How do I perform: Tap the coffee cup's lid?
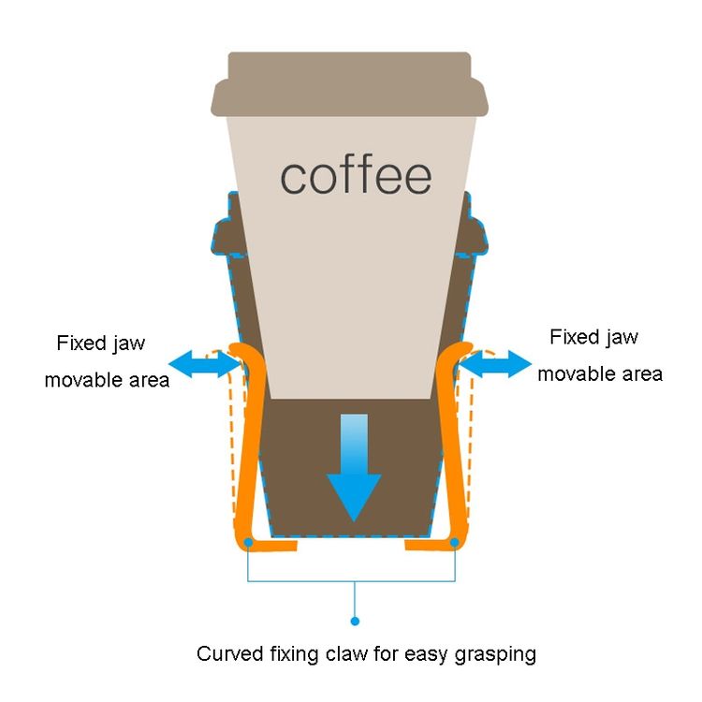tap(350, 84)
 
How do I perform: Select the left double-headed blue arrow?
tap(205, 363)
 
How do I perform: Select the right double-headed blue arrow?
tap(495, 364)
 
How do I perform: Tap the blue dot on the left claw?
tap(248, 543)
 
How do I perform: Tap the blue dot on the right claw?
tap(455, 543)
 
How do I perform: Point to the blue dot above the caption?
tap(355, 621)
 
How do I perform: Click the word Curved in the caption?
tap(230, 653)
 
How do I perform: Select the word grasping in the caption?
tap(495, 655)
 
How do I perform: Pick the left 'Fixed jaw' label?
tap(101, 344)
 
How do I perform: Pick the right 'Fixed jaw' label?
tap(593, 338)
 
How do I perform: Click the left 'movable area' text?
tap(107, 380)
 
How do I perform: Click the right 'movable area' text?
tap(600, 373)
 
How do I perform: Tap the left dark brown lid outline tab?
tap(227, 235)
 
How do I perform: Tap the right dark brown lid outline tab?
tap(474, 235)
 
